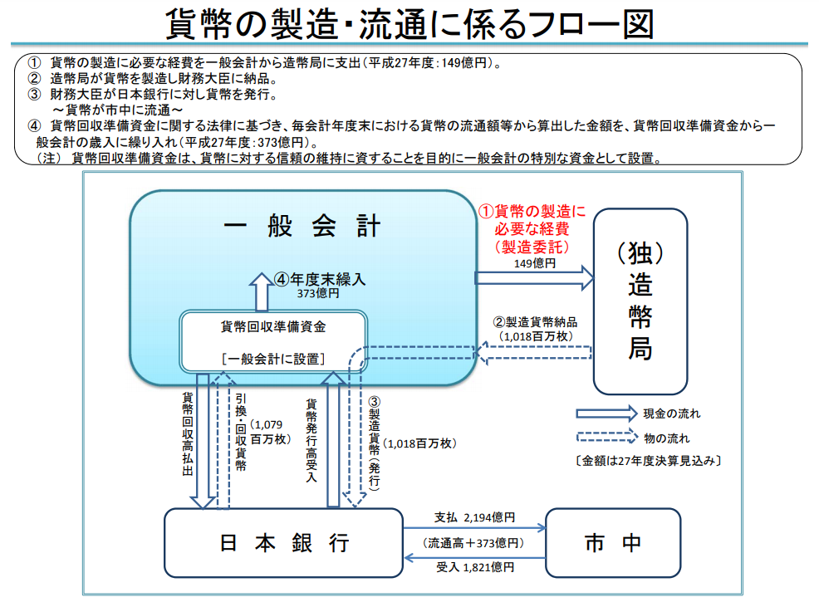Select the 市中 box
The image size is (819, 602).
point(613,543)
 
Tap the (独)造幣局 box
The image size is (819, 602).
point(640,300)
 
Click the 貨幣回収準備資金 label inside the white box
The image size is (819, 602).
point(273,326)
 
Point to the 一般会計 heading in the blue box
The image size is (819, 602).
point(302,227)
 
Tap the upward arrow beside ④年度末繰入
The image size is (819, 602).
point(262,291)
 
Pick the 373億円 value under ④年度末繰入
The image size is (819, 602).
point(318,293)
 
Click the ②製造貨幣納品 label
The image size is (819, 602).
point(534,322)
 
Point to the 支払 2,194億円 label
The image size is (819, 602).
point(474,517)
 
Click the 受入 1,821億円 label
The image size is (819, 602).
point(474,567)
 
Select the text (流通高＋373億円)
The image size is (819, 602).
point(473,543)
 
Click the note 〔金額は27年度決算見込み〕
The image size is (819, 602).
point(647,460)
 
